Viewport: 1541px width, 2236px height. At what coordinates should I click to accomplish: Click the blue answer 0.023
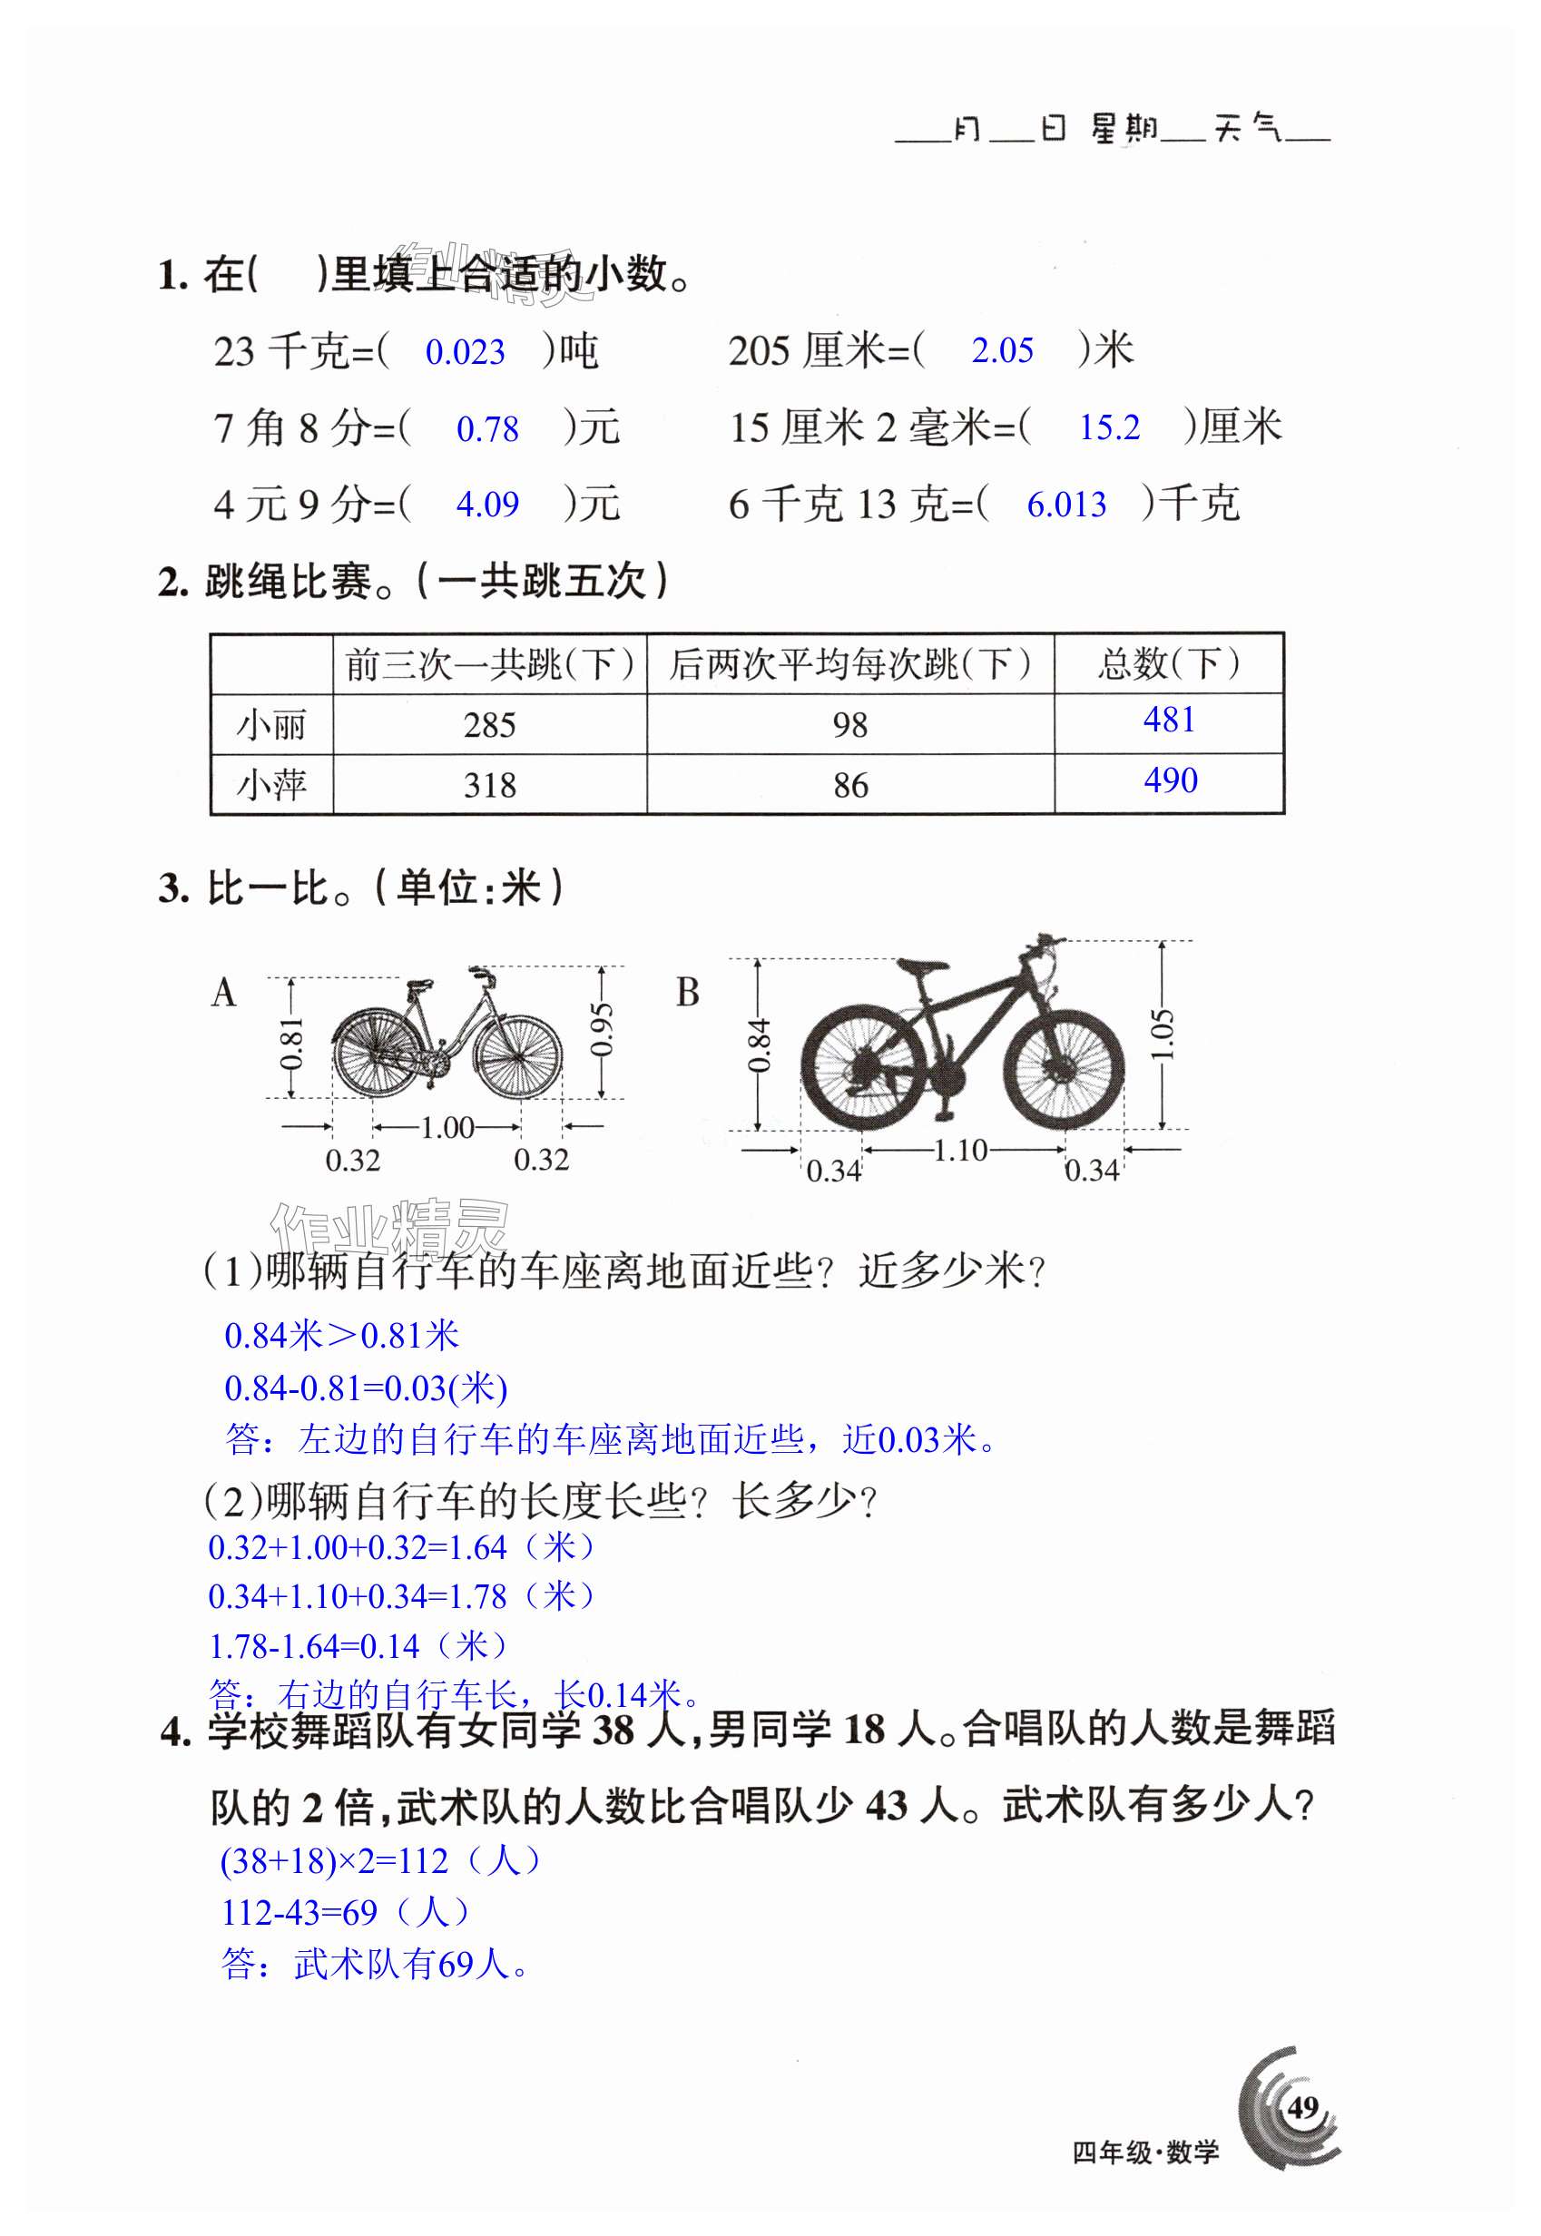tap(465, 352)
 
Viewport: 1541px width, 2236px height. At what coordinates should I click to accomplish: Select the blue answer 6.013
tap(1066, 504)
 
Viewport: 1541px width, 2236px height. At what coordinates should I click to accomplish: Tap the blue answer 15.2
tap(1108, 427)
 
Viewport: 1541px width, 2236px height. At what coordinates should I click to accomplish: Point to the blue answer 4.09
tap(486, 504)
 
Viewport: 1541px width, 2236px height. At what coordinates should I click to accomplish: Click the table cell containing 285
tap(489, 725)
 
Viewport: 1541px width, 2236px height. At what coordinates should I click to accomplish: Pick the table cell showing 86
tap(849, 785)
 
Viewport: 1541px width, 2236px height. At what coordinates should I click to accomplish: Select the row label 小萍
tap(271, 785)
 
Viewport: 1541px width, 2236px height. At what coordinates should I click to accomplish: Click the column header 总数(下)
tap(1168, 664)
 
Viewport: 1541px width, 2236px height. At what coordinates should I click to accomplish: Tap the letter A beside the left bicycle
tap(223, 993)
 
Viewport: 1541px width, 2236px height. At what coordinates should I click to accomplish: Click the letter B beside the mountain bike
tap(688, 993)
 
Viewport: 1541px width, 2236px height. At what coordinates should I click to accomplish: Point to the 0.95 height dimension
tap(603, 1031)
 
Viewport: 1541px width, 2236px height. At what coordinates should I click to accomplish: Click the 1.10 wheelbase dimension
tap(960, 1150)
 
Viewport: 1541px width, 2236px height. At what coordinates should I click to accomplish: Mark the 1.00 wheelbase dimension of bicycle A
tap(447, 1127)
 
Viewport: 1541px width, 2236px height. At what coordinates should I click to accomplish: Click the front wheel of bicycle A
tap(517, 1057)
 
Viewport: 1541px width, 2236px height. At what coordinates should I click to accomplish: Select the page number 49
tap(1301, 2105)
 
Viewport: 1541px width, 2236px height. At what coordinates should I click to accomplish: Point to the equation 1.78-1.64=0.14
tap(315, 1646)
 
